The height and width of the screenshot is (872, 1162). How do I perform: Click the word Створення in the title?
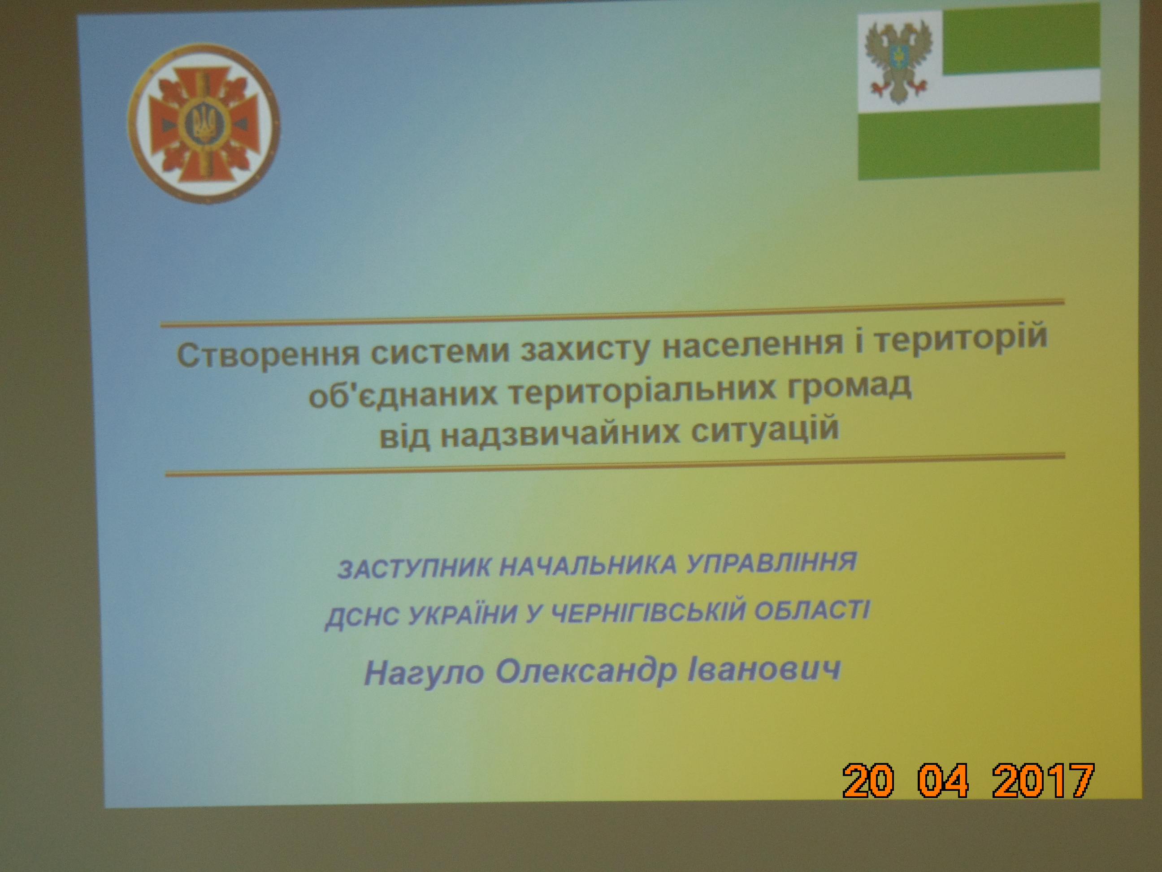(268, 354)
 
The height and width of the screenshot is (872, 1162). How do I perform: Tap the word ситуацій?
(765, 429)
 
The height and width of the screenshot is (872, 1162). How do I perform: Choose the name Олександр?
(586, 671)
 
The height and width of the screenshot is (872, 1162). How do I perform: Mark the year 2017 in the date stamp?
(1043, 780)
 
